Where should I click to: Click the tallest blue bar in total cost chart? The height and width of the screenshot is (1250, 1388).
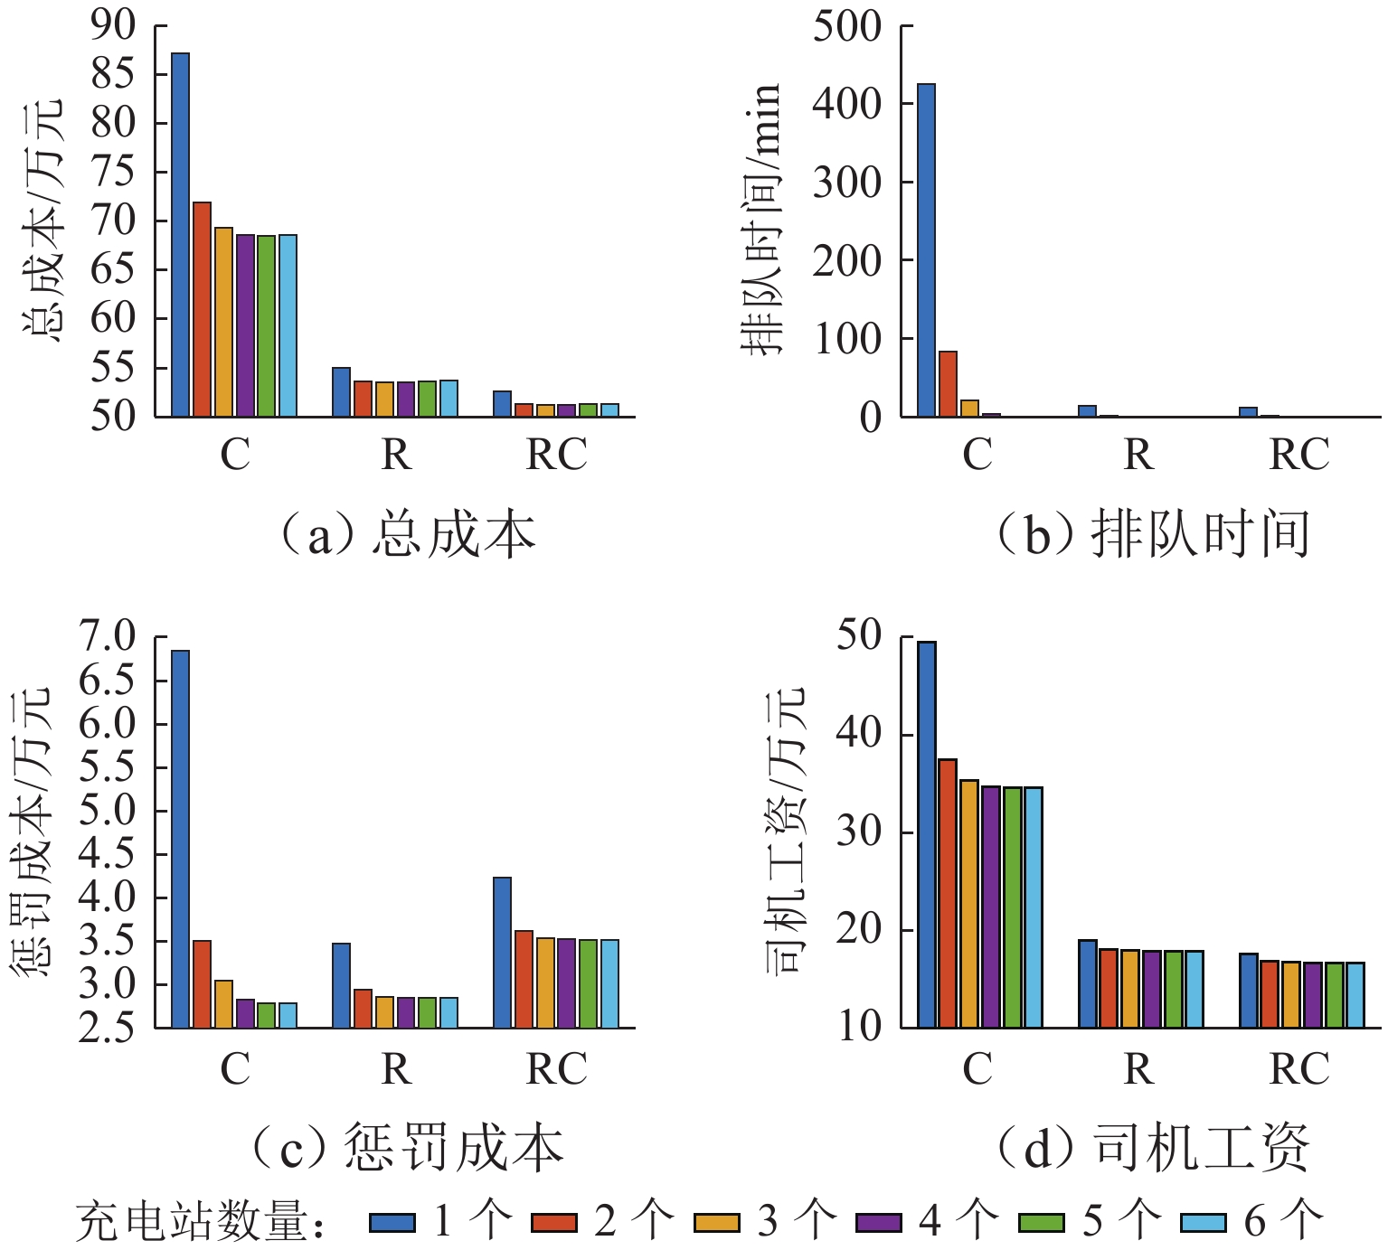[x=180, y=235]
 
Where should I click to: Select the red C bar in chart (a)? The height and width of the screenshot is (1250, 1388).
[x=202, y=309]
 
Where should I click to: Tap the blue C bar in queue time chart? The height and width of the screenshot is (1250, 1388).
[x=926, y=250]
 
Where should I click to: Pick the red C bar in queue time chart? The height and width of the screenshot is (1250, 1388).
[x=948, y=384]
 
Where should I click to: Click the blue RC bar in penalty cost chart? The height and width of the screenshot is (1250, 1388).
[x=502, y=953]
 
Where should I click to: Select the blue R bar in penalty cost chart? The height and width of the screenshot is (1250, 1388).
[x=341, y=985]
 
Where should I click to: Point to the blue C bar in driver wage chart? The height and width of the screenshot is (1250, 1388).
[x=926, y=834]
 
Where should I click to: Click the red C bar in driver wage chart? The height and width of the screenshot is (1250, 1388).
[x=948, y=893]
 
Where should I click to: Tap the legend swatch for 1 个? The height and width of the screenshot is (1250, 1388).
[x=392, y=1223]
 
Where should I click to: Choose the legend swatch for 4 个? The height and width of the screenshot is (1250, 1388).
[x=879, y=1223]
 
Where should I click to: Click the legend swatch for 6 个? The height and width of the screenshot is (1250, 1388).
[x=1204, y=1223]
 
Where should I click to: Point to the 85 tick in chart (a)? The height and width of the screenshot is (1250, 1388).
[x=113, y=74]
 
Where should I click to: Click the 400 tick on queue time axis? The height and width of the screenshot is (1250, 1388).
[x=846, y=103]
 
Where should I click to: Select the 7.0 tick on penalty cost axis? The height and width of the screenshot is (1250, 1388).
[x=107, y=636]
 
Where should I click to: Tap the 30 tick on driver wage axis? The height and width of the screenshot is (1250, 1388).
[x=858, y=832]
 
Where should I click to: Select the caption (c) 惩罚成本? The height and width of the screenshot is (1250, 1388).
[x=408, y=1148]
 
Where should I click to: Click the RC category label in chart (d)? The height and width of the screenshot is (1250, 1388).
[x=1299, y=1069]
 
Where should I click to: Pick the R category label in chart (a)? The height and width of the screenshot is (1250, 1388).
[x=396, y=455]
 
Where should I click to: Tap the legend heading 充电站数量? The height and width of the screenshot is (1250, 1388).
[x=194, y=1223]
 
